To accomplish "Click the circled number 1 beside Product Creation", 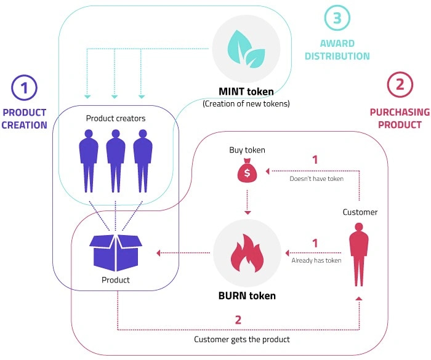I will [x=25, y=88].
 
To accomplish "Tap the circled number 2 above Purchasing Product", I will [x=400, y=86].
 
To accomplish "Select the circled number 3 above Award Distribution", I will [x=337, y=18].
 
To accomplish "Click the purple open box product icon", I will [x=115, y=250].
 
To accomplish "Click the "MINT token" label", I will [x=246, y=92].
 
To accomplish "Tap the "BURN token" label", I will [x=246, y=295].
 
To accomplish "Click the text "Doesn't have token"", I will [x=316, y=179].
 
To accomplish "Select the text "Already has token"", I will [x=316, y=260].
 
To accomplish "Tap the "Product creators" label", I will [x=116, y=118].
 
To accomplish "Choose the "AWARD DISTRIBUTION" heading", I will [x=345, y=50].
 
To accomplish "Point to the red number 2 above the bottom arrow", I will [x=238, y=319].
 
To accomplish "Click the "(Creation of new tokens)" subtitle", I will [x=246, y=104].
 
